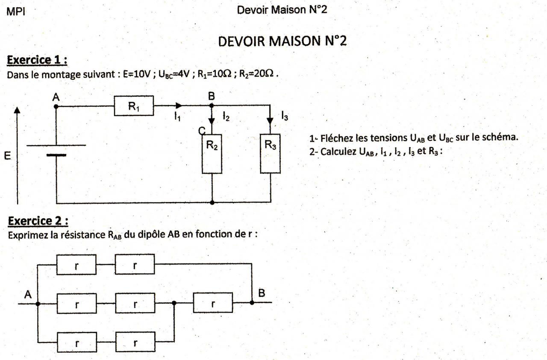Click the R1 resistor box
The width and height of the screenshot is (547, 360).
(x=133, y=106)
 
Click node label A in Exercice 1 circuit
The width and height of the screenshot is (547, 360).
(x=56, y=98)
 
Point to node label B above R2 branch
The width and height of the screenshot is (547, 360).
(x=211, y=96)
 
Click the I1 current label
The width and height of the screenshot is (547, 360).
(x=177, y=116)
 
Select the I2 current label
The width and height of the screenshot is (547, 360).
(x=226, y=116)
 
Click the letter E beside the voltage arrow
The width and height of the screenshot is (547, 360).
(x=7, y=156)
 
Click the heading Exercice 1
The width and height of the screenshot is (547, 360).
(x=38, y=61)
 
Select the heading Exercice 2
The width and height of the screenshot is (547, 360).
(x=38, y=221)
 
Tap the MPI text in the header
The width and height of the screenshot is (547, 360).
(x=16, y=12)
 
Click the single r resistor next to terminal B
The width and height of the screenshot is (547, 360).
(x=213, y=303)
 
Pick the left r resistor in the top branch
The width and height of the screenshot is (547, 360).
(x=76, y=265)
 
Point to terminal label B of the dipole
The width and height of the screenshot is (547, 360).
(x=262, y=293)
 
